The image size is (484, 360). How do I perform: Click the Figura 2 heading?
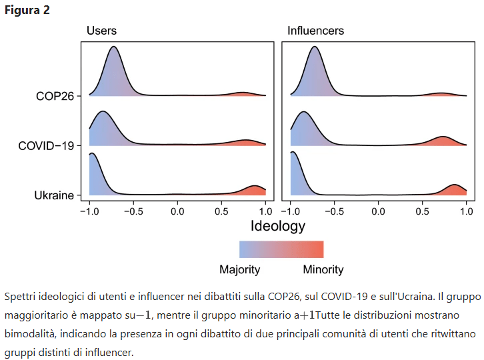[x=27, y=10]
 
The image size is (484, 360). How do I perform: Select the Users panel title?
[x=101, y=31]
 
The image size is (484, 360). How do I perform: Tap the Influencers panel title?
[x=315, y=31]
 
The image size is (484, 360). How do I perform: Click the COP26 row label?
[x=55, y=96]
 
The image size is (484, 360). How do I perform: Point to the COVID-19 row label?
[x=46, y=145]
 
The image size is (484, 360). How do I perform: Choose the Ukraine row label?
[x=53, y=195]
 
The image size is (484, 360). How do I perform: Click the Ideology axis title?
[x=277, y=225]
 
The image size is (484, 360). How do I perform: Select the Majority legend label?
[x=239, y=270]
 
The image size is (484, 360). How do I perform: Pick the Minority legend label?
[x=323, y=270]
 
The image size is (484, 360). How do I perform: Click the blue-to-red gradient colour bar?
[x=281, y=249]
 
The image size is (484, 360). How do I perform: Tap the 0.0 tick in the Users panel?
[x=177, y=211]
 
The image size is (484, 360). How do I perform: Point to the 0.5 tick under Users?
[x=222, y=211]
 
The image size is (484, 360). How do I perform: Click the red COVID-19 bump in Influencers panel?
[x=443, y=141]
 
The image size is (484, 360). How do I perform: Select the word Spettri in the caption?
[x=19, y=295]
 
